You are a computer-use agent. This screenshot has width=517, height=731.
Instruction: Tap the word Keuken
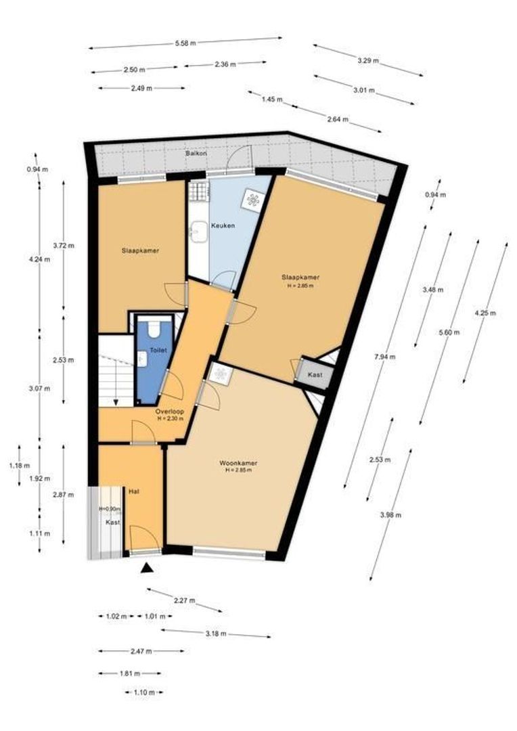pyautogui.click(x=223, y=225)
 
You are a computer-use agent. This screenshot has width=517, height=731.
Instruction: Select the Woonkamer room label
pyautogui.click(x=238, y=463)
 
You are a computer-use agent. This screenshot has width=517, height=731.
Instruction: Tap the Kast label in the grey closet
pyautogui.click(x=315, y=374)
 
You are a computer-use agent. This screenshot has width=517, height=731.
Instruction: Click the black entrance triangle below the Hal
pyautogui.click(x=146, y=569)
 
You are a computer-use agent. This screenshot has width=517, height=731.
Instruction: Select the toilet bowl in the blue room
pyautogui.click(x=152, y=330)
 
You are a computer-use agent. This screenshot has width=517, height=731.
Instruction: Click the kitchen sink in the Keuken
pyautogui.click(x=198, y=231)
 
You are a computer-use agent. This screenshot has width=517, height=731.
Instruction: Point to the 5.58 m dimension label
pyautogui.click(x=185, y=43)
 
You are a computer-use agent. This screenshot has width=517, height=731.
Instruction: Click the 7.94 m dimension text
pyautogui.click(x=388, y=357)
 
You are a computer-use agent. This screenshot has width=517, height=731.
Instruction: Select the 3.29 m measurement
pyautogui.click(x=368, y=61)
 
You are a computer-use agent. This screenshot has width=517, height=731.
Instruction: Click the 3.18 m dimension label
pyautogui.click(x=215, y=634)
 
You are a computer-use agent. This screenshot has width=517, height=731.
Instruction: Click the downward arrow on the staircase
pyautogui.click(x=116, y=402)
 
